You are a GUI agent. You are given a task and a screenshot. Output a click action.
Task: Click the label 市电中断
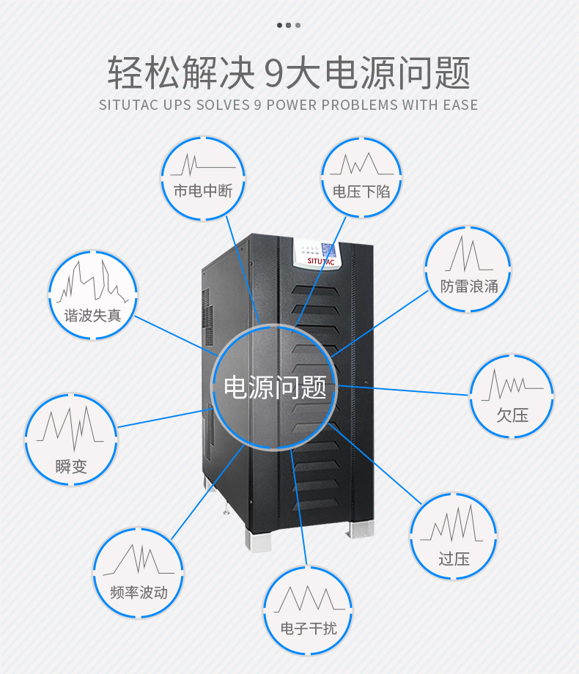point(203,192)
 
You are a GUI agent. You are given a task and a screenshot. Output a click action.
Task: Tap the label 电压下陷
point(361,192)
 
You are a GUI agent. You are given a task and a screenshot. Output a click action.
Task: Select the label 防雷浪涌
point(469,286)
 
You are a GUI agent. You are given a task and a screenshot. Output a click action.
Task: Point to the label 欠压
point(512,415)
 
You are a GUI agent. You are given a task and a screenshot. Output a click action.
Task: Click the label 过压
point(454,559)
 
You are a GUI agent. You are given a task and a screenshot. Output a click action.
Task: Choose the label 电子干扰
point(309,628)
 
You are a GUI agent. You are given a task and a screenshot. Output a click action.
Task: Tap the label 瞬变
point(71,466)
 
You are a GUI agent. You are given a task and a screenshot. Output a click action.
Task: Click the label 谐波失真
point(92,316)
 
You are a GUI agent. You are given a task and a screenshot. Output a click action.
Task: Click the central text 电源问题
point(274,386)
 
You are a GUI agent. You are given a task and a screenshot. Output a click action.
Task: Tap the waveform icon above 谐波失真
point(92,283)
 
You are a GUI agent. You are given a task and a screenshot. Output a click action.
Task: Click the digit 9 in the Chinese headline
point(273,74)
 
